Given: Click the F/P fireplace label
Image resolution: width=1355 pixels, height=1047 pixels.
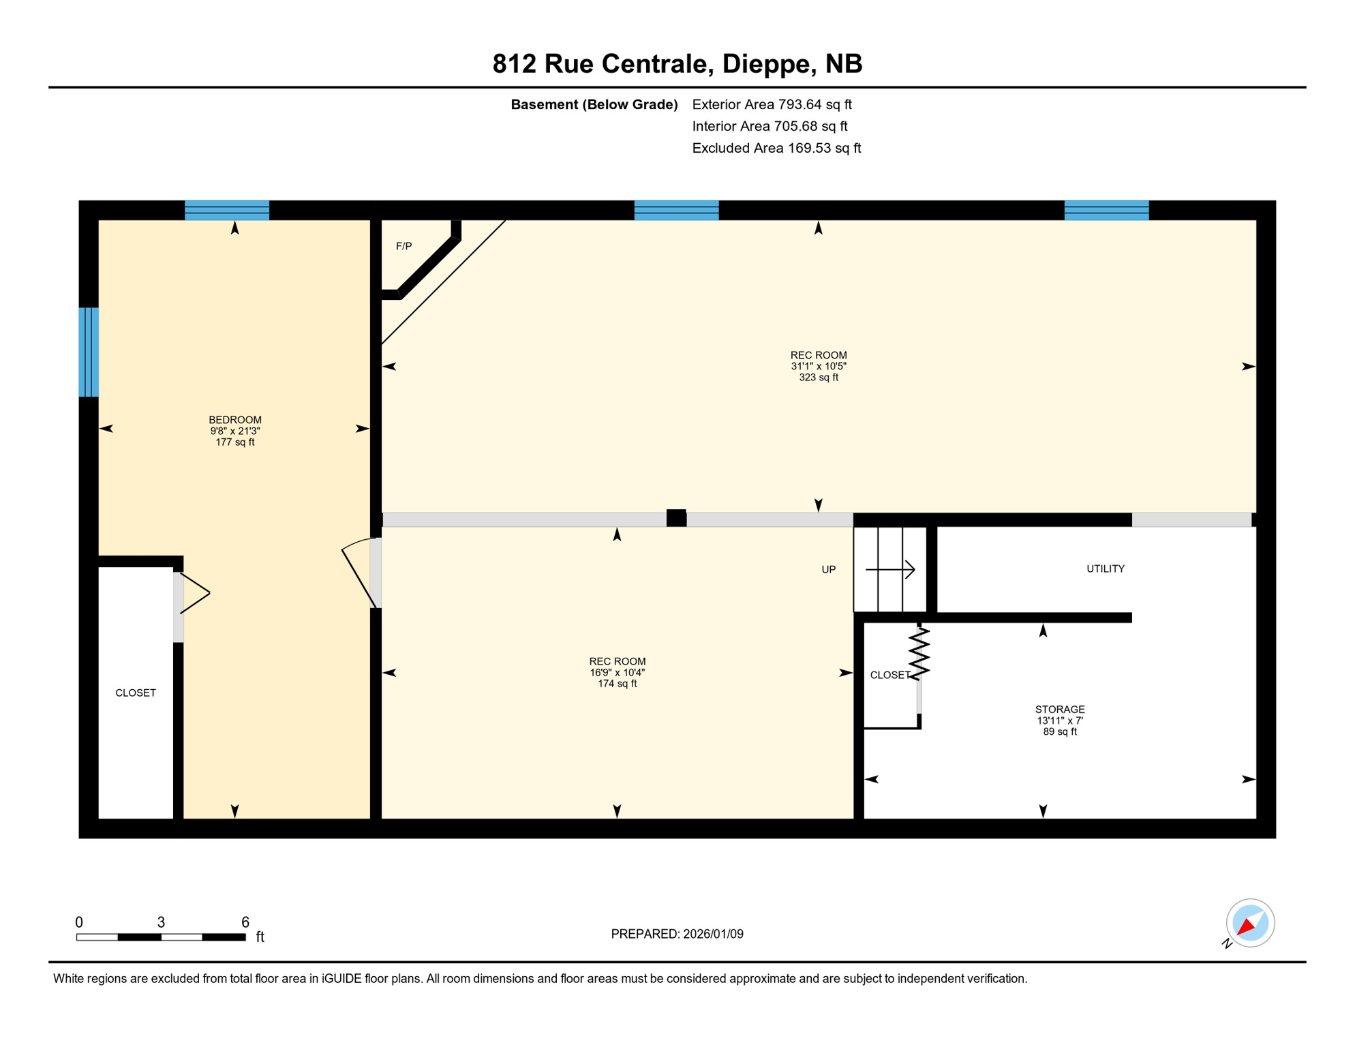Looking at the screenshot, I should [x=404, y=246].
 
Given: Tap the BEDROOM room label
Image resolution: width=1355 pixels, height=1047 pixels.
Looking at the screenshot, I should [x=234, y=420].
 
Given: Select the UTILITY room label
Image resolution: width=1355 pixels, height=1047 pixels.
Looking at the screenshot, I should [x=1105, y=568].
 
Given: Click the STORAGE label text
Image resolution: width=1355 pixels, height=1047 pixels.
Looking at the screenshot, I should [x=1059, y=710].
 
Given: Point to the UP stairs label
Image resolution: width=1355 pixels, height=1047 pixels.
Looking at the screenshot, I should [x=828, y=569].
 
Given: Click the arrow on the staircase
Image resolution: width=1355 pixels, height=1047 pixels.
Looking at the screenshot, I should [x=890, y=569].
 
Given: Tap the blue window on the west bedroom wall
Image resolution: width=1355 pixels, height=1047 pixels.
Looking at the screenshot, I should [x=89, y=352].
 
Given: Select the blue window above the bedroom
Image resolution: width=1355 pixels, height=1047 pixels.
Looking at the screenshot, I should [x=227, y=210].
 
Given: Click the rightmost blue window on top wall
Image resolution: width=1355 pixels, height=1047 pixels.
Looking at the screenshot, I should [x=1106, y=210].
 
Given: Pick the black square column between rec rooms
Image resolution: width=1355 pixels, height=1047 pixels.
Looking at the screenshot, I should [x=676, y=518].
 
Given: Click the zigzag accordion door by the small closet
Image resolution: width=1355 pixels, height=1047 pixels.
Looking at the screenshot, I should [x=919, y=653].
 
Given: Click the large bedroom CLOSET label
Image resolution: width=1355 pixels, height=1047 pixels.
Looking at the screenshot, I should [x=136, y=693].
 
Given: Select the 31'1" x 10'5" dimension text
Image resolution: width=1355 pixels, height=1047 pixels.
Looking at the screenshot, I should [x=818, y=366].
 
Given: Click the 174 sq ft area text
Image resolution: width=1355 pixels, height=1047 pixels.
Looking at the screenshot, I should [x=617, y=684].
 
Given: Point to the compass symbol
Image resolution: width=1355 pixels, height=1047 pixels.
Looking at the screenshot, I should [x=1249, y=923].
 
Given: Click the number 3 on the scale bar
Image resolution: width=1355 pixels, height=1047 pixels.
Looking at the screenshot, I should [x=161, y=922].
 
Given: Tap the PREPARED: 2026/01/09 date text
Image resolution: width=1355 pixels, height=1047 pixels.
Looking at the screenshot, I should [x=677, y=934].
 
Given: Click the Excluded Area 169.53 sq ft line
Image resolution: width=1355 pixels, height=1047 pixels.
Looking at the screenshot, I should [x=776, y=148].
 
